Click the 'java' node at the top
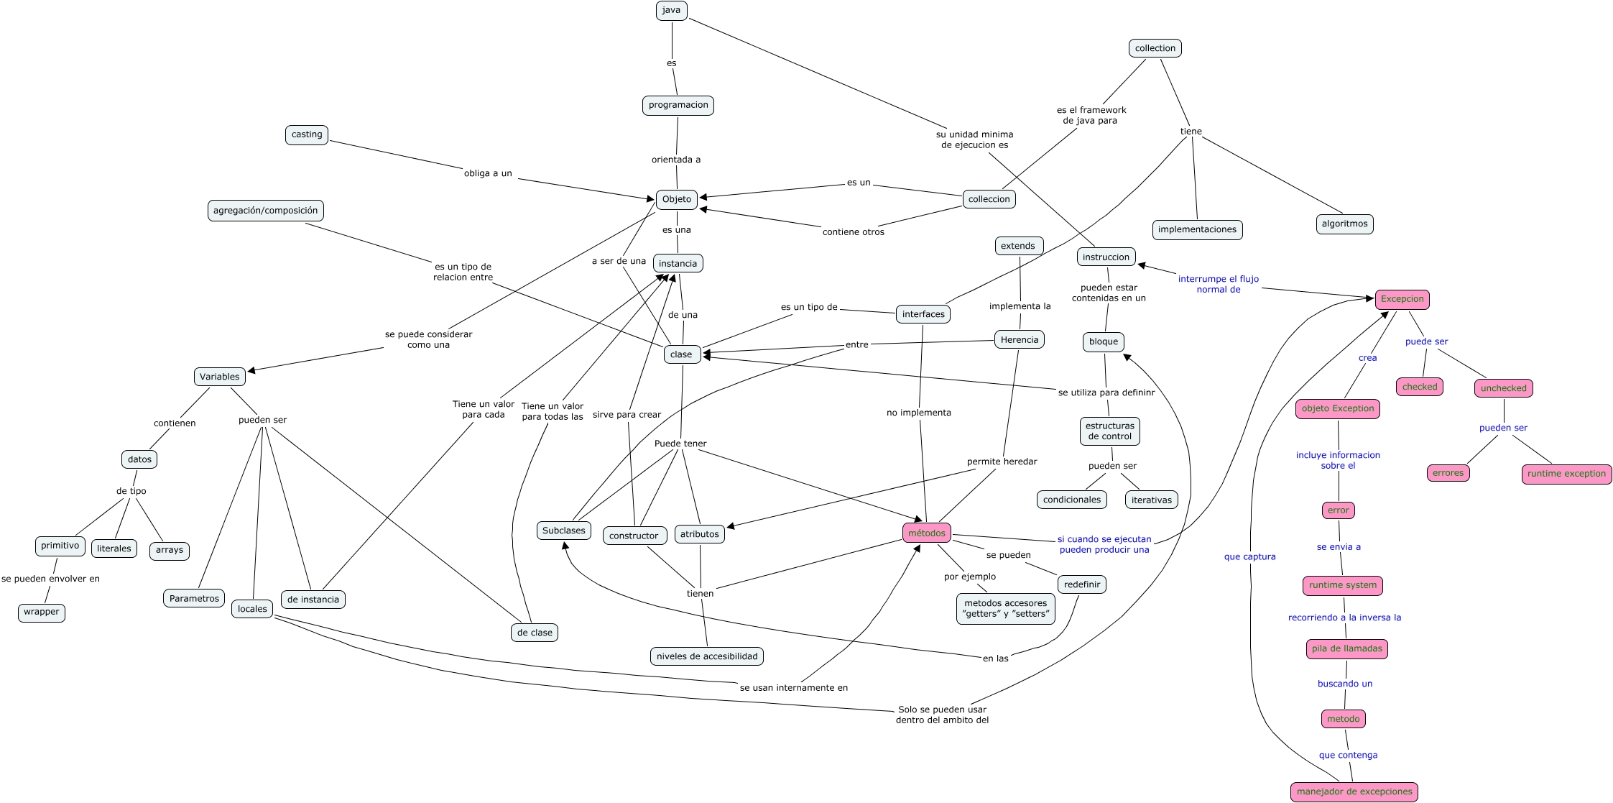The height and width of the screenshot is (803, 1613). pos(671,10)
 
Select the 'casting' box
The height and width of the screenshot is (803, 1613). pos(307,134)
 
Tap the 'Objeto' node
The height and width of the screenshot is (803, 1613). pos(677,199)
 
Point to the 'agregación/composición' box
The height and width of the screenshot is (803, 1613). pos(265,211)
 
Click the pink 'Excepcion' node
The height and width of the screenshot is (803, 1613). pos(1402,299)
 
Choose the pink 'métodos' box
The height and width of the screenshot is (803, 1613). pos(927,533)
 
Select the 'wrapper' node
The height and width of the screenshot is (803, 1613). pos(42,612)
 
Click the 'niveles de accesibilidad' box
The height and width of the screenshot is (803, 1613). pos(707,656)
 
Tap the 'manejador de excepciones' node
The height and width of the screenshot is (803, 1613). pos(1354,791)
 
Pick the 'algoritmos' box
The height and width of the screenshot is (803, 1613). pos(1344,224)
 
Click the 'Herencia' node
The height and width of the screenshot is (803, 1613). pos(1020,339)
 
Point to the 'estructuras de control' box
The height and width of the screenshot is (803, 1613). pos(1109,431)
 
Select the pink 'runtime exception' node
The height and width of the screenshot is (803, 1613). pos(1566,474)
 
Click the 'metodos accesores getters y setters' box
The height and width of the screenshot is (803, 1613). pos(1005,608)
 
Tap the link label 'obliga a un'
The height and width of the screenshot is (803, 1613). pos(488,173)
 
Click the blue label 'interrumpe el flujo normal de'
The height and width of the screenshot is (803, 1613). pos(1218,284)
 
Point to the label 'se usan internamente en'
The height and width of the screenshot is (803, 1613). pos(793,687)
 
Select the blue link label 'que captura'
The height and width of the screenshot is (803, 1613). pos(1249,556)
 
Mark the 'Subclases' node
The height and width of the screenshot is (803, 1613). pos(564,531)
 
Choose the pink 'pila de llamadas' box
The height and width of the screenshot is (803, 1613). pos(1346,648)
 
